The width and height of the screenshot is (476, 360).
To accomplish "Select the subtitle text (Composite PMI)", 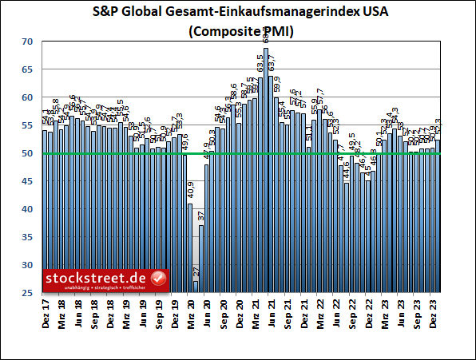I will coord(237,32).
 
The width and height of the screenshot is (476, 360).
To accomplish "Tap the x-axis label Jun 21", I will coord(272,311).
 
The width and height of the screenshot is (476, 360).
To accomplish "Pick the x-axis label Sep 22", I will coord(352,311).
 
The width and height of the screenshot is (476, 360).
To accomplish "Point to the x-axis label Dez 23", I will coord(433,311).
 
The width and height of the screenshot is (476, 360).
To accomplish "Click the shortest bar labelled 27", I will coord(196,287).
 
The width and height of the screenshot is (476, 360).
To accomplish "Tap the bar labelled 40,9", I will coord(190,247).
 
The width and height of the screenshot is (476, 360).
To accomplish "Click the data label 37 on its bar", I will coord(201,216).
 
